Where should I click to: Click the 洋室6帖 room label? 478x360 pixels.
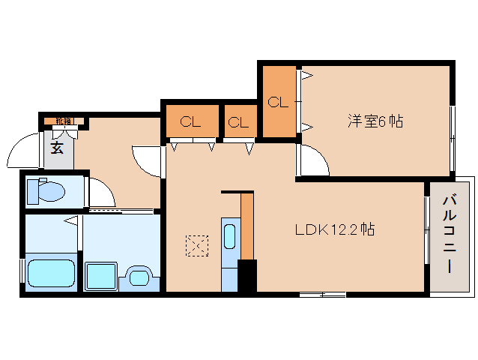tap(375, 121)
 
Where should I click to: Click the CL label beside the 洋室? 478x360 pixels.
tap(278, 102)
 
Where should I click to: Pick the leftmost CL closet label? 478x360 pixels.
tap(190, 121)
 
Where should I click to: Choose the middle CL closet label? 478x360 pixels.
tap(239, 121)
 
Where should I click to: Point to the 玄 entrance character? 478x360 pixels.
tap(57, 148)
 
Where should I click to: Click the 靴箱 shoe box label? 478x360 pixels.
tap(63, 121)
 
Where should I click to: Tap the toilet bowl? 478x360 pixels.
tap(46, 192)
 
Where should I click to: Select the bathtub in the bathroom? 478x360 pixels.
tap(51, 274)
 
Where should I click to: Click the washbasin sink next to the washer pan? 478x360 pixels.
tap(140, 277)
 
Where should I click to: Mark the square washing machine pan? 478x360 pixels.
tap(101, 276)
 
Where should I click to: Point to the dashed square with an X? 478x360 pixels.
tap(197, 245)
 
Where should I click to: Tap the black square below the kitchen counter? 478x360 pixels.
tap(246, 275)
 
